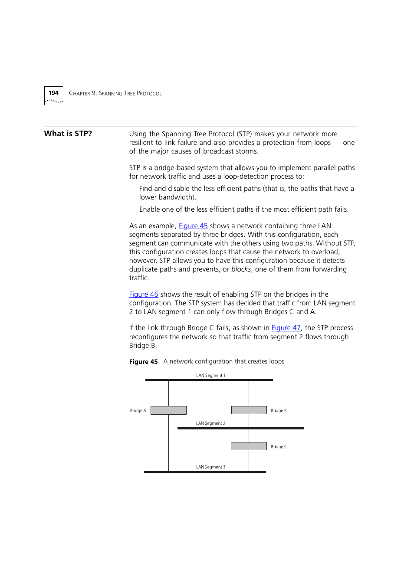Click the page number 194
tap(53, 93)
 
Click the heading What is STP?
tap(68, 134)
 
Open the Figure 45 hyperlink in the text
tap(193, 226)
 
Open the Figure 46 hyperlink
tap(144, 295)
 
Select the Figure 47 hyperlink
tap(286, 328)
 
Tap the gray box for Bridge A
tap(168, 410)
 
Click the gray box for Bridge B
tap(249, 410)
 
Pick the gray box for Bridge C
tap(249, 446)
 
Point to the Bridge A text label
tap(138, 411)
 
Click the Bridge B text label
tap(279, 411)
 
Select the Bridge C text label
tap(279, 447)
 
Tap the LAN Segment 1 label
tap(210, 376)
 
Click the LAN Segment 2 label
tap(210, 423)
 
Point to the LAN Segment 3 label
tap(210, 467)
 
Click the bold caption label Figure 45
tap(143, 362)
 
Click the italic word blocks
tap(241, 269)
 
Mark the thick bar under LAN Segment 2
tap(240, 429)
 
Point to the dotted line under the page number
tap(54, 101)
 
